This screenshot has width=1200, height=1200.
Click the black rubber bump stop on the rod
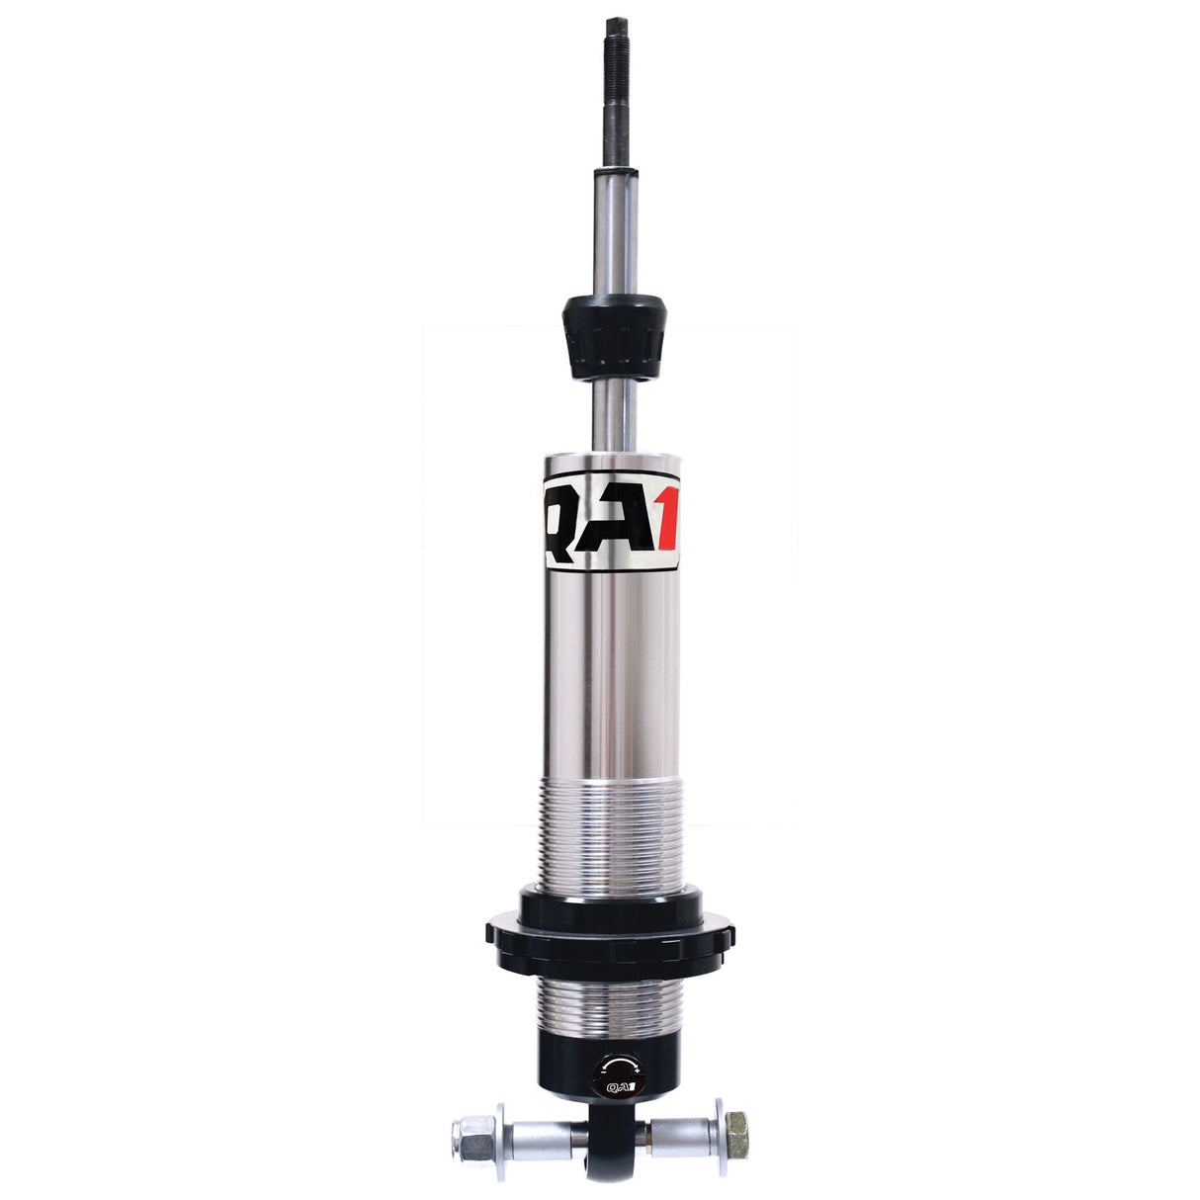pyautogui.click(x=613, y=337)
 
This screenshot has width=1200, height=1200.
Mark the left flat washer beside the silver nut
pyautogui.click(x=500, y=1137)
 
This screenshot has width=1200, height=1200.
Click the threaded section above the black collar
pyautogui.click(x=610, y=830)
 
